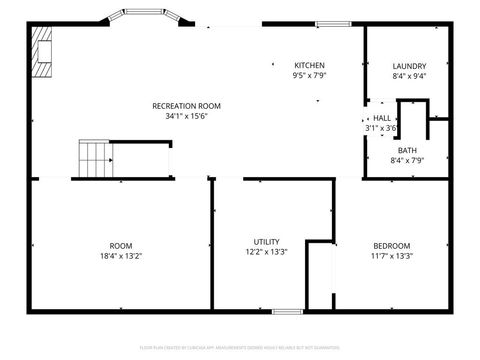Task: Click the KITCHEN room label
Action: (x=309, y=65)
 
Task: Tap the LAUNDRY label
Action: (x=410, y=65)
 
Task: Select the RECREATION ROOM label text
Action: (x=186, y=106)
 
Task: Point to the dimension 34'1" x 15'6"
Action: (x=186, y=116)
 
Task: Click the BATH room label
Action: (x=408, y=151)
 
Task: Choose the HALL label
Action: (x=383, y=118)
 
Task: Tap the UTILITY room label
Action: (x=266, y=242)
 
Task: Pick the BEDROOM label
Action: (x=391, y=245)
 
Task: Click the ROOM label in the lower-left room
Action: (x=120, y=245)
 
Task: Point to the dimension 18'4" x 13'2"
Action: (x=120, y=255)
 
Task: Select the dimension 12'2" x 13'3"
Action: (x=266, y=252)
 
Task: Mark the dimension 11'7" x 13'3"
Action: (x=391, y=255)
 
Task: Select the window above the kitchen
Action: (x=330, y=23)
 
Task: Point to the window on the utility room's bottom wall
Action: (x=287, y=311)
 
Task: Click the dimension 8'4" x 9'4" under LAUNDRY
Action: (x=410, y=75)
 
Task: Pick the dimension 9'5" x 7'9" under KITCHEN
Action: (x=309, y=75)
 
